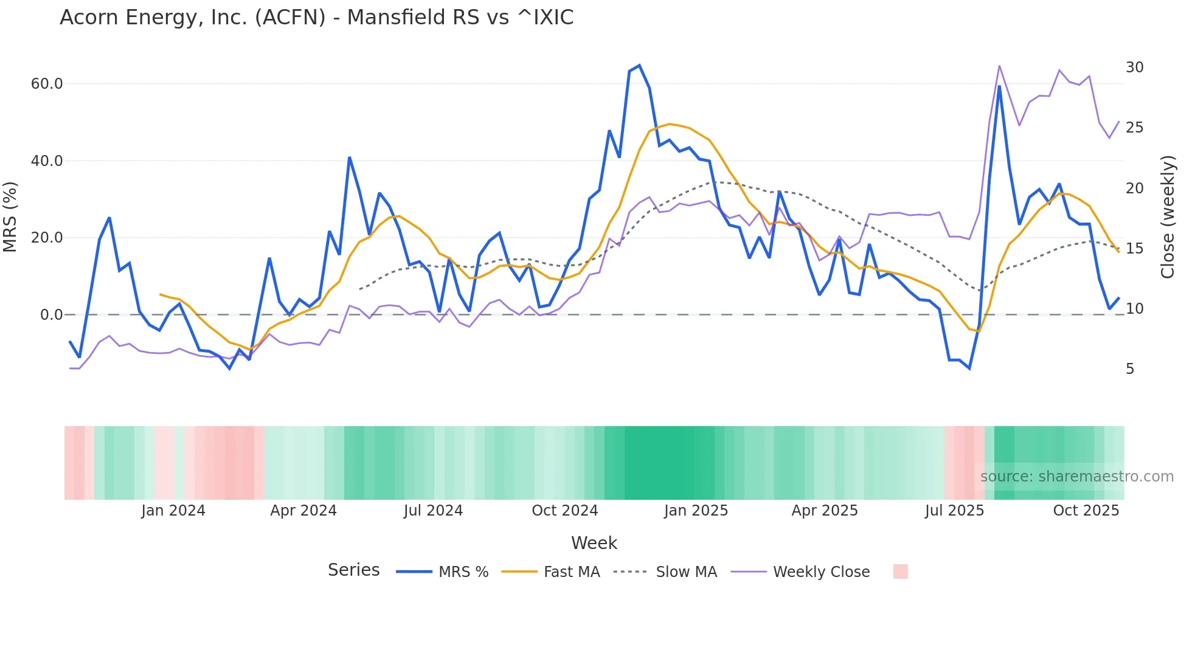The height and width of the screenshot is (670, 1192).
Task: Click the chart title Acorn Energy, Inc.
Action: [316, 18]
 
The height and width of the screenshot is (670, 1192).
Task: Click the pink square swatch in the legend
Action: [900, 572]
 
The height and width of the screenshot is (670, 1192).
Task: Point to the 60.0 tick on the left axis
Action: [47, 84]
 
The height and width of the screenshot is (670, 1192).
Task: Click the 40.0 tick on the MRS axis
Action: [47, 161]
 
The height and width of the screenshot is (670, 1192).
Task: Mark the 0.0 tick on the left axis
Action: [51, 315]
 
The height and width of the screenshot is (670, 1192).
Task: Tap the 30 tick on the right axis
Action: [1134, 67]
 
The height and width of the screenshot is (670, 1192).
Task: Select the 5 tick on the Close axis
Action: [1130, 369]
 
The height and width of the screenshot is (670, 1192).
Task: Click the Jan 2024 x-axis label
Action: [173, 511]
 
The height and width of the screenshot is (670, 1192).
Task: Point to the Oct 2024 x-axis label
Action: [564, 511]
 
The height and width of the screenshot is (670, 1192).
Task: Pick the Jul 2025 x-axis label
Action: [954, 511]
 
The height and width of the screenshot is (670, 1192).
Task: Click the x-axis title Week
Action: [594, 543]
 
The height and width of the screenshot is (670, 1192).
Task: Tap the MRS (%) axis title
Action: [10, 217]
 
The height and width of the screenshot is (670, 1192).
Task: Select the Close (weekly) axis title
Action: [1167, 217]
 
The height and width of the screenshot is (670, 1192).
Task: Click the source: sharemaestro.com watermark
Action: [1076, 477]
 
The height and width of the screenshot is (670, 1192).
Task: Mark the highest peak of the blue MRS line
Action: [639, 66]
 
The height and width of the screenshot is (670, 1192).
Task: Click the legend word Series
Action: [353, 570]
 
